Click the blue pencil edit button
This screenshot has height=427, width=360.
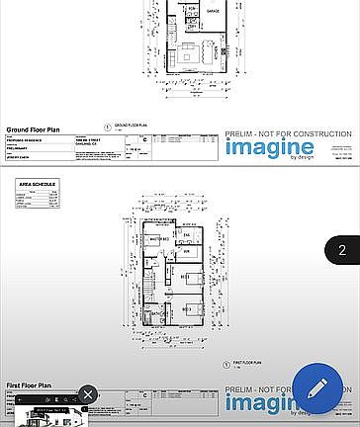click(x=317, y=389)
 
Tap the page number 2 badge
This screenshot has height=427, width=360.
click(x=342, y=250)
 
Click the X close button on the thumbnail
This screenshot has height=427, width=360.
click(x=87, y=395)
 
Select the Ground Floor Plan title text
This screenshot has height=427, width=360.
click(x=34, y=129)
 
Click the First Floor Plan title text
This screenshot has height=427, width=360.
click(x=29, y=384)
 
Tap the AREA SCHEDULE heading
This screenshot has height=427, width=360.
click(x=37, y=184)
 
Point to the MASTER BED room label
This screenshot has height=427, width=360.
click(x=158, y=240)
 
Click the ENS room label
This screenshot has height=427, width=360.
click(x=187, y=233)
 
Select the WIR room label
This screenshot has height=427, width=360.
click(x=185, y=252)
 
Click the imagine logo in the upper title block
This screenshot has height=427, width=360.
click(x=269, y=147)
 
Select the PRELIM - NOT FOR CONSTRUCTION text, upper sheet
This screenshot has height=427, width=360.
click(x=288, y=133)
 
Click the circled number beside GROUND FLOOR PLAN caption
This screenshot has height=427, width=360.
click(x=107, y=127)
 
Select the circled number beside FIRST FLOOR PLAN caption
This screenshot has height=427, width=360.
click(x=226, y=365)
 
